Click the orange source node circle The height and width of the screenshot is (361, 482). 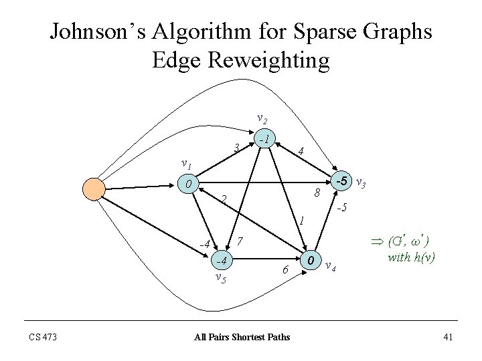pyautogui.click(x=94, y=189)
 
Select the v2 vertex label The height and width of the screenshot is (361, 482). pyautogui.click(x=263, y=118)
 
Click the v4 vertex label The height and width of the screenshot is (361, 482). pyautogui.click(x=329, y=267)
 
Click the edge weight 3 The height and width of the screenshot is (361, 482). pyautogui.click(x=236, y=147)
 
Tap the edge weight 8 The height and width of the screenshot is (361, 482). pyautogui.click(x=318, y=194)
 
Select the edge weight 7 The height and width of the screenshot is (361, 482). pyautogui.click(x=241, y=241)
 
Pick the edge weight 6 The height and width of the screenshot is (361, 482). pyautogui.click(x=285, y=269)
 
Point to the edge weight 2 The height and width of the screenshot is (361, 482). pyautogui.click(x=224, y=199)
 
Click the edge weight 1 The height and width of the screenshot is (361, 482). pyautogui.click(x=303, y=219)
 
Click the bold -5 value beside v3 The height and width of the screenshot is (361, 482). pyautogui.click(x=341, y=180)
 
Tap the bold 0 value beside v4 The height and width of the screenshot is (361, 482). pyautogui.click(x=311, y=259)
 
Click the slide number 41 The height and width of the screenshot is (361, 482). pyautogui.click(x=449, y=336)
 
